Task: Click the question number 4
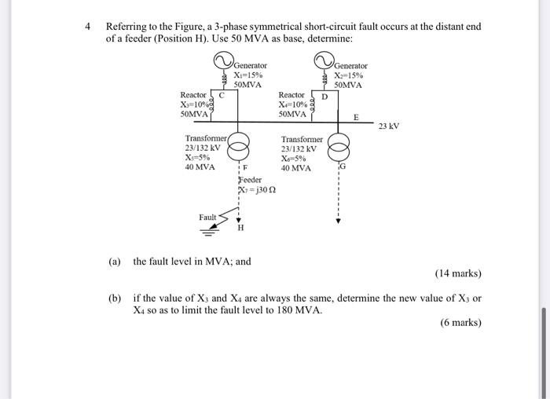click(89, 26)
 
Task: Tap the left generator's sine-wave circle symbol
click(222, 60)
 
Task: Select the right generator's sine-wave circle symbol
click(322, 61)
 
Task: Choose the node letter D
click(324, 97)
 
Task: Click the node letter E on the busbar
click(355, 116)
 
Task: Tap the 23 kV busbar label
click(389, 126)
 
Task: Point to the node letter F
click(245, 168)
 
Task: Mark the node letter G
click(343, 167)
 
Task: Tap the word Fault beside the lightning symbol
click(207, 217)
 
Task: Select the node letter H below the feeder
click(240, 229)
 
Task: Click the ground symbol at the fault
click(209, 232)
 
